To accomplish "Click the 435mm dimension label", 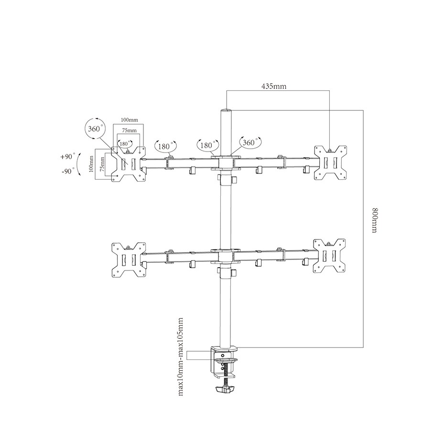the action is click(273, 86).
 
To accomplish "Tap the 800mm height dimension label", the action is click(375, 220).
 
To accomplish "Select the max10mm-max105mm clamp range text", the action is click(180, 357).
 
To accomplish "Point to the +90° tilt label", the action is click(67, 156).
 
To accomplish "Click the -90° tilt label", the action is click(68, 171).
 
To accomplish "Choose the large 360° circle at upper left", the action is click(95, 129).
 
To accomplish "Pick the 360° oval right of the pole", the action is click(249, 142).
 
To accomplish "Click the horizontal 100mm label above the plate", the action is click(129, 120).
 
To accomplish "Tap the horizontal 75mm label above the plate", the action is click(129, 130).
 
